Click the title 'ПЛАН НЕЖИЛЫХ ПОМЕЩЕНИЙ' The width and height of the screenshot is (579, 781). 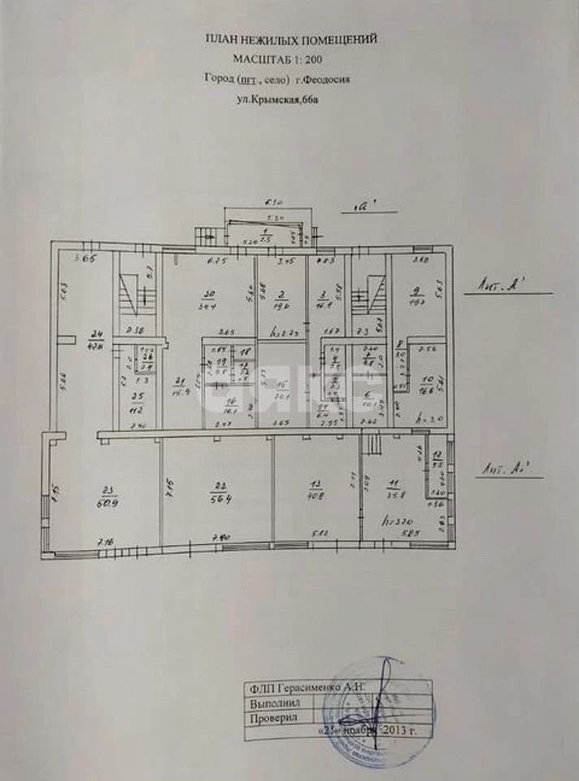[290, 38]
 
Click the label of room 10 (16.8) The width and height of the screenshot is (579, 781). [426, 385]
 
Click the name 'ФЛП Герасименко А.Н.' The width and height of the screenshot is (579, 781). [309, 688]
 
